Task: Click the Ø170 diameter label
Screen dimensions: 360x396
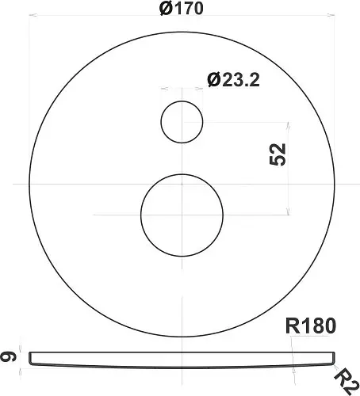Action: click(x=182, y=8)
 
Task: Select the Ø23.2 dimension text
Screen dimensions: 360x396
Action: click(x=233, y=80)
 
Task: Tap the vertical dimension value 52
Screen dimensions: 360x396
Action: click(x=278, y=154)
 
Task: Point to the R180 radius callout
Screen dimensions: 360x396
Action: click(x=311, y=326)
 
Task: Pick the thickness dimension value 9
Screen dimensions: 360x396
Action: click(x=8, y=357)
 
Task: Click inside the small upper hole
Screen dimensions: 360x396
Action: click(x=182, y=122)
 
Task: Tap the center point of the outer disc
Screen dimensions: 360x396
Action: click(x=182, y=184)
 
